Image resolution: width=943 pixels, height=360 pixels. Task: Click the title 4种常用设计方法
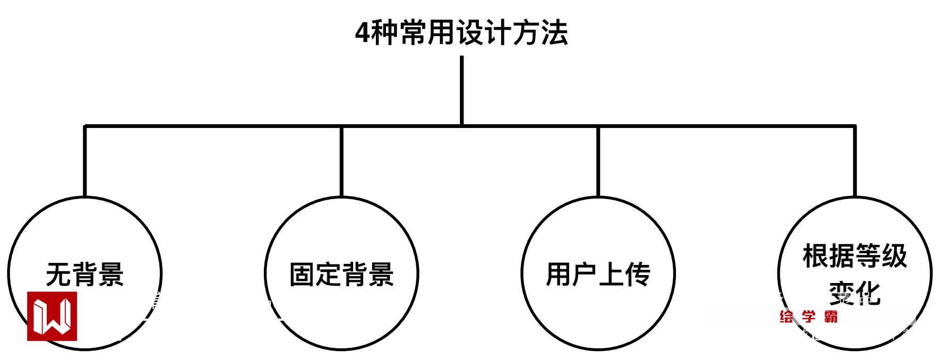point(461,33)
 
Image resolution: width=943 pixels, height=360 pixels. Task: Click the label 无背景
point(85,275)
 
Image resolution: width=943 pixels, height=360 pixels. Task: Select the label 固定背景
point(341,275)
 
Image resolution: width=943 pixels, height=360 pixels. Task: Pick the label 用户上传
point(598,275)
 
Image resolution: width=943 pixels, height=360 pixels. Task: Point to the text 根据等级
point(854,256)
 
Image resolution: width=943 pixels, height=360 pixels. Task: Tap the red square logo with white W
point(52,316)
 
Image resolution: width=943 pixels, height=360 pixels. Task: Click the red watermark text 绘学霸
point(809,317)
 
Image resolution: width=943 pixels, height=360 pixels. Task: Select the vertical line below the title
point(461,90)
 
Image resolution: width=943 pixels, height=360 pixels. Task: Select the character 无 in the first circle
point(58,275)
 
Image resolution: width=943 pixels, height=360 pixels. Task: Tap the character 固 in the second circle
point(302,275)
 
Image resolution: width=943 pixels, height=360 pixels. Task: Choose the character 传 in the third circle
point(638,275)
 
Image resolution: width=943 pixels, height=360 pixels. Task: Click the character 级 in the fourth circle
point(894,256)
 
